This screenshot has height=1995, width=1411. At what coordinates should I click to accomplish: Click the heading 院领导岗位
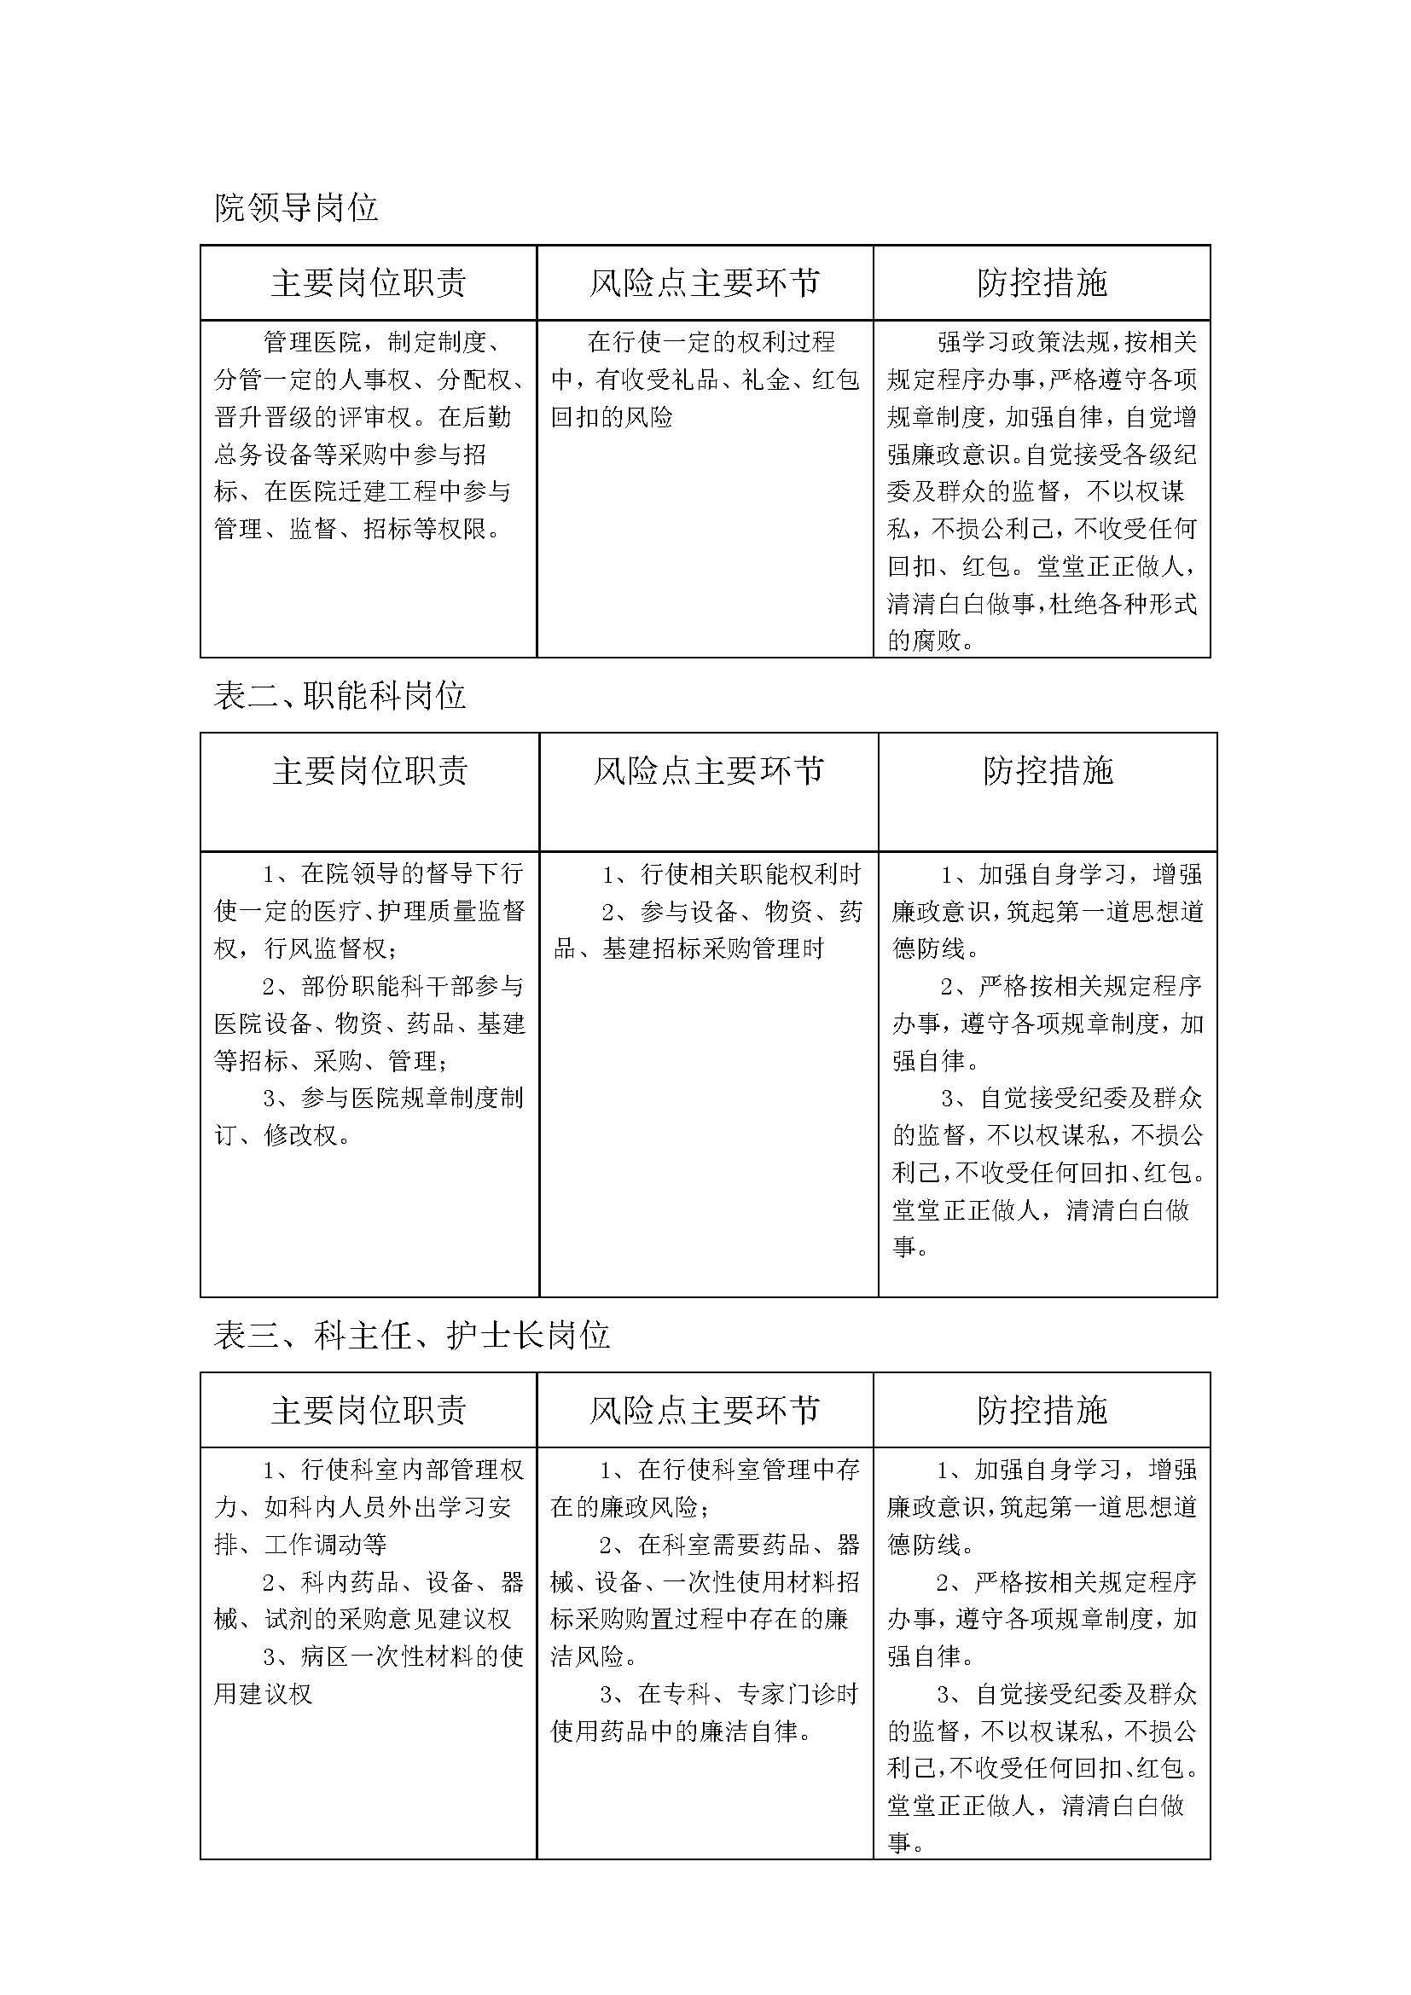[x=295, y=208]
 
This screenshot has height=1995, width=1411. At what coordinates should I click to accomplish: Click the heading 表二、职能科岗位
[x=340, y=696]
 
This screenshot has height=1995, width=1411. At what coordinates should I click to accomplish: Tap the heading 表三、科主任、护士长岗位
[x=412, y=1336]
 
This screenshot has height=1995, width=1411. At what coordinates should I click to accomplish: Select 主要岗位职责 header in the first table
[x=369, y=283]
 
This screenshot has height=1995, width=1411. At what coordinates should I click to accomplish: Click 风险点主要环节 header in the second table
[x=708, y=771]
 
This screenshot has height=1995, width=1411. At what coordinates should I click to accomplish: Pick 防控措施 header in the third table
[x=1042, y=1410]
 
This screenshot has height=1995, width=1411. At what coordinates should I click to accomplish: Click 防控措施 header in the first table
[x=1042, y=283]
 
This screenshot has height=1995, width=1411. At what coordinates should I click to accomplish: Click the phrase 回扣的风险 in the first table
[x=612, y=418]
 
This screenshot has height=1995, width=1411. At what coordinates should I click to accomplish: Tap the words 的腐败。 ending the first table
[x=930, y=641]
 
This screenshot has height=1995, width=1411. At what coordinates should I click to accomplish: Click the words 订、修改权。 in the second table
[x=282, y=1135]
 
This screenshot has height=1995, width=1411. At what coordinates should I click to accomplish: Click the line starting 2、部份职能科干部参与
[x=392, y=986]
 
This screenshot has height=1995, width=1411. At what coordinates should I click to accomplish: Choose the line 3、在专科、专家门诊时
[x=728, y=1695]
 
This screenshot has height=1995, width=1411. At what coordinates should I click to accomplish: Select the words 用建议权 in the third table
[x=264, y=1695]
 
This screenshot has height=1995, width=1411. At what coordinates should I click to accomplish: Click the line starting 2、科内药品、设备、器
[x=392, y=1582]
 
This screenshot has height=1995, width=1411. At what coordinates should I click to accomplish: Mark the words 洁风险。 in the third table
[x=594, y=1657]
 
